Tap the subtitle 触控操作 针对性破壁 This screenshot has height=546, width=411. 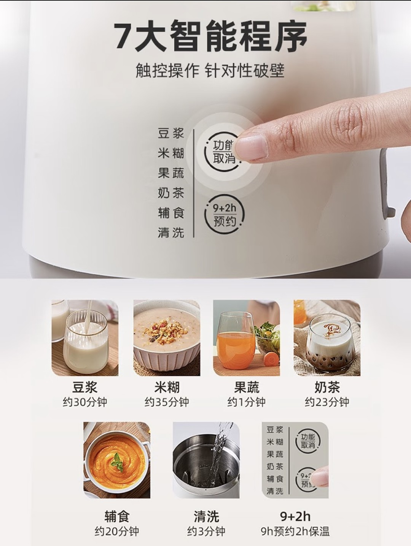210,70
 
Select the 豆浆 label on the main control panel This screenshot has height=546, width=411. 171,133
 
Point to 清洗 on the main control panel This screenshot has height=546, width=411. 171,233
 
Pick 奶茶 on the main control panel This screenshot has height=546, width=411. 171,193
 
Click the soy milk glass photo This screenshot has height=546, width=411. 85,338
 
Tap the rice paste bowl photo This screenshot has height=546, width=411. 167,338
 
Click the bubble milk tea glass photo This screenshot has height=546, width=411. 327,338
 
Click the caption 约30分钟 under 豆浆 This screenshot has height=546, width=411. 85,402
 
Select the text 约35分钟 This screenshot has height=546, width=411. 167,402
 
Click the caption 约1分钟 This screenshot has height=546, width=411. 246,402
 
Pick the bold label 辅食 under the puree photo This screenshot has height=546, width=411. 117,516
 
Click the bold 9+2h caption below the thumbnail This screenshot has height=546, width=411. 295,516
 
